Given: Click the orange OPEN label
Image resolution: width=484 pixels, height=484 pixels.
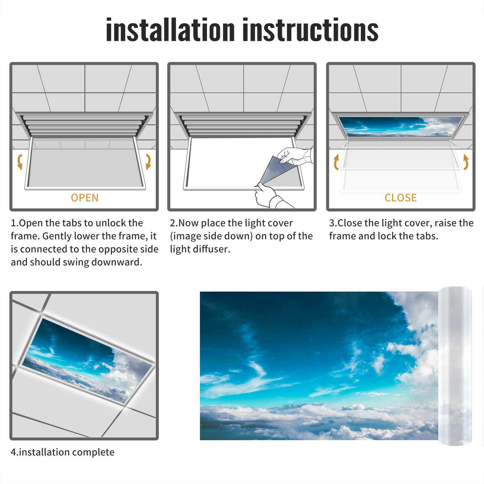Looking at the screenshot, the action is pyautogui.click(x=85, y=198).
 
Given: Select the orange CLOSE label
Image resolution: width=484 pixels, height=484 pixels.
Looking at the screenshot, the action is pyautogui.click(x=401, y=198).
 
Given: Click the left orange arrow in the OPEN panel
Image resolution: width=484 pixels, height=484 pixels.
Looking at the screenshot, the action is pyautogui.click(x=20, y=162).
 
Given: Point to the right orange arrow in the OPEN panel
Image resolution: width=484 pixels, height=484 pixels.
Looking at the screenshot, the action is pyautogui.click(x=148, y=162).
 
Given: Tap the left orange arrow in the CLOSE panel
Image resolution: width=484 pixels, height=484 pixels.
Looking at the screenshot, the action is pyautogui.click(x=336, y=162).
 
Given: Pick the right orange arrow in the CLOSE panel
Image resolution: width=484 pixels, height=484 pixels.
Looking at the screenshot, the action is pyautogui.click(x=466, y=162).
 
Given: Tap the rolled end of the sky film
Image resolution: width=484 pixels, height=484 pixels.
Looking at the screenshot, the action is pyautogui.click(x=455, y=366).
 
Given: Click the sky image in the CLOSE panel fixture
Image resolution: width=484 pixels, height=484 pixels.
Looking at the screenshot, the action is pyautogui.click(x=401, y=126).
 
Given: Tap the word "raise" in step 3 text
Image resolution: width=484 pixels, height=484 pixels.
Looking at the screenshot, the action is pyautogui.click(x=446, y=223).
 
